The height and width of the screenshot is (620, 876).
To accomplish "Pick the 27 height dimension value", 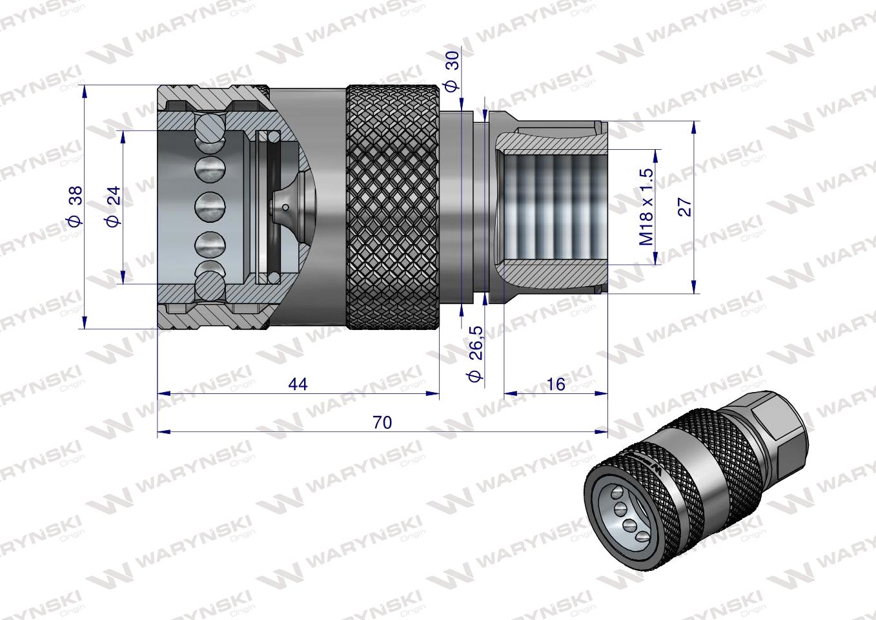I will click(685, 206).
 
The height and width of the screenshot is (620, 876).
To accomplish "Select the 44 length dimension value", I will click(298, 384).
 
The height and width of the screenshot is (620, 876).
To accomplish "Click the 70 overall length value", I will click(382, 422).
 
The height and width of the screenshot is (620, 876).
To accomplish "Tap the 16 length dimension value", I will click(555, 384).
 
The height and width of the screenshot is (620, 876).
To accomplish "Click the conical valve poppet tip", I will click(284, 208).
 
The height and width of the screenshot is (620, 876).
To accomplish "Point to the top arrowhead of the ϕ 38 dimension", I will click(84, 90).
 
